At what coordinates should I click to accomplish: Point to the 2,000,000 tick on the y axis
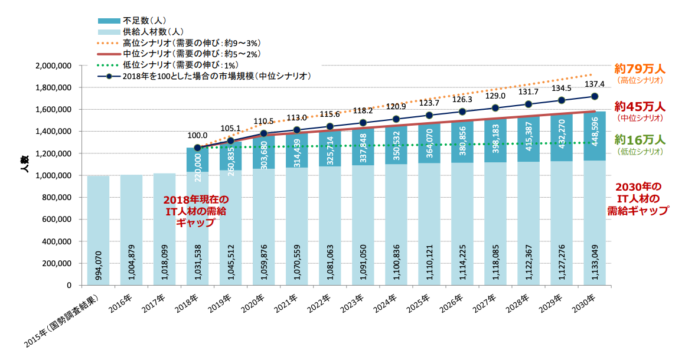tap(53, 66)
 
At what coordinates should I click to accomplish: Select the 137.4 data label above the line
tap(595, 84)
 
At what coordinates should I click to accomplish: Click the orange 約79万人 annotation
tap(640, 68)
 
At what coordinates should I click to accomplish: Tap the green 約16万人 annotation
tap(640, 140)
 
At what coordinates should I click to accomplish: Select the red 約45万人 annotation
tap(640, 107)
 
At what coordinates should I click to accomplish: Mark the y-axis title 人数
tap(24, 163)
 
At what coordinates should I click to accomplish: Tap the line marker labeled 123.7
tap(429, 115)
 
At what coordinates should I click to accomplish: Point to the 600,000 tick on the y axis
tap(57, 220)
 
